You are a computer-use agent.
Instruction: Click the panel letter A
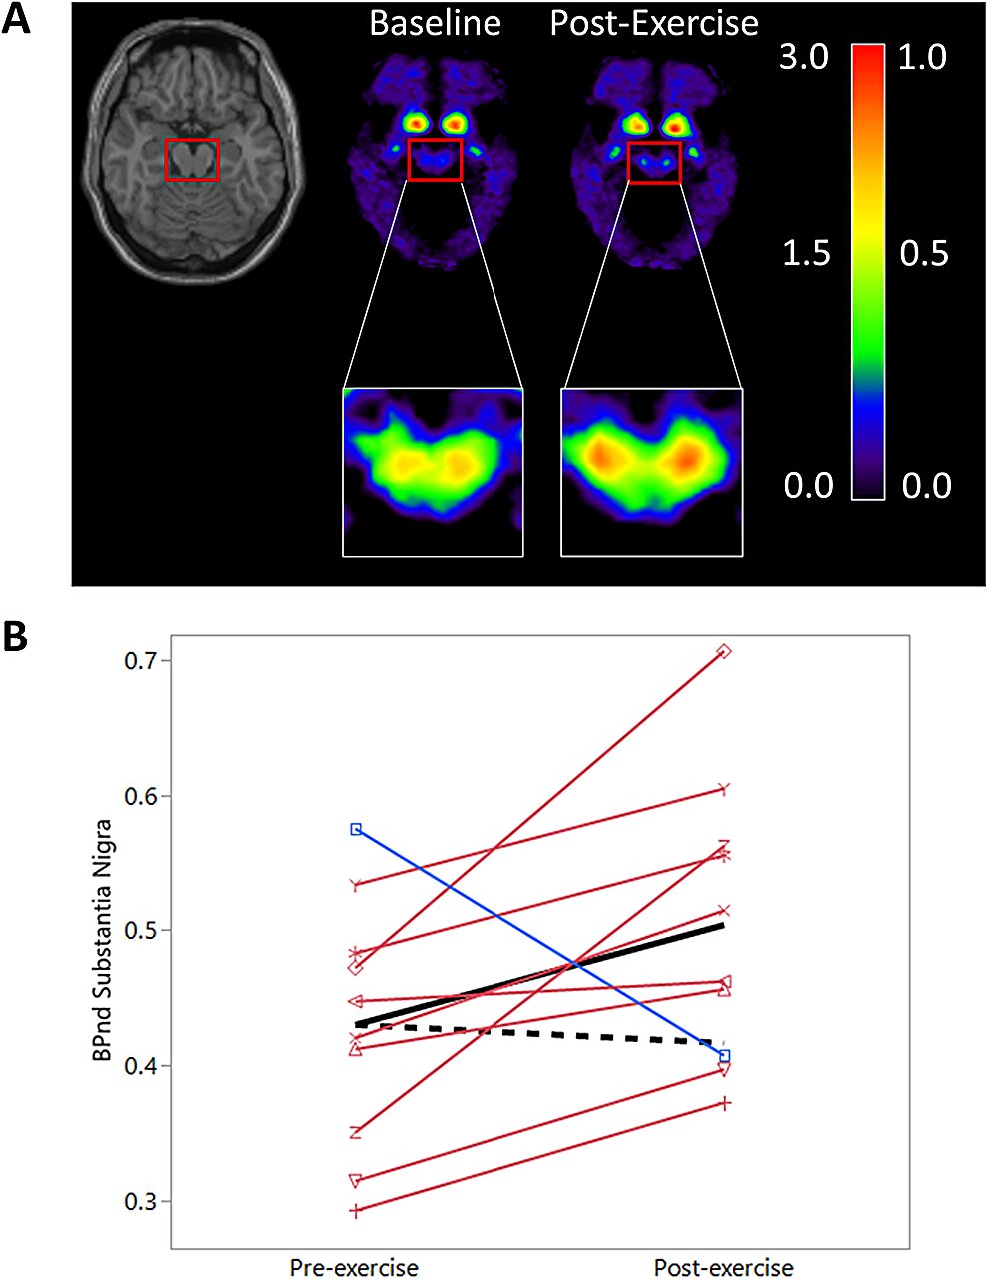point(17,19)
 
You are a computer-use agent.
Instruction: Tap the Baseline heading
point(435,23)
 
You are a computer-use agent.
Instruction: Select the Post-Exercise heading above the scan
point(654,23)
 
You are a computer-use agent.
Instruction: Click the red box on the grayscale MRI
point(191,160)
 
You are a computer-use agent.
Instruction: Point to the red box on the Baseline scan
point(435,160)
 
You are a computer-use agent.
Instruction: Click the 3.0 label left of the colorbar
point(804,57)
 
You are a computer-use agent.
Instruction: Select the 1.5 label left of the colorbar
point(805,253)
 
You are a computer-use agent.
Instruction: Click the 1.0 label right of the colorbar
point(922,57)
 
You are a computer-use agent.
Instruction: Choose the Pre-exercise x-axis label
point(354,1267)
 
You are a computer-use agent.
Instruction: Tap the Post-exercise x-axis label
point(723,1267)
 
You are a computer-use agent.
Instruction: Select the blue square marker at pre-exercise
point(356,829)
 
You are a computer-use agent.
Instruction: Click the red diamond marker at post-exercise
point(725,651)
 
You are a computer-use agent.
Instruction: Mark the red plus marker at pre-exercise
point(356,1211)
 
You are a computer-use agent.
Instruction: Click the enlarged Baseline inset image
point(433,471)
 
